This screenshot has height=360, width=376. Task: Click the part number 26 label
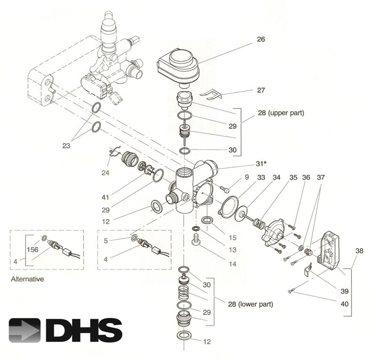coord(261,39)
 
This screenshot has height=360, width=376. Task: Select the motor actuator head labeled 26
coord(178,64)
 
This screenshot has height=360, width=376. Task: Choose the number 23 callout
coord(66,146)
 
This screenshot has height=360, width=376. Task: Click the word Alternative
coord(27,279)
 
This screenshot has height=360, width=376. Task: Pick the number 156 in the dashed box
coord(32,249)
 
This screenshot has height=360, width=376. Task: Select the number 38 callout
coord(359,251)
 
